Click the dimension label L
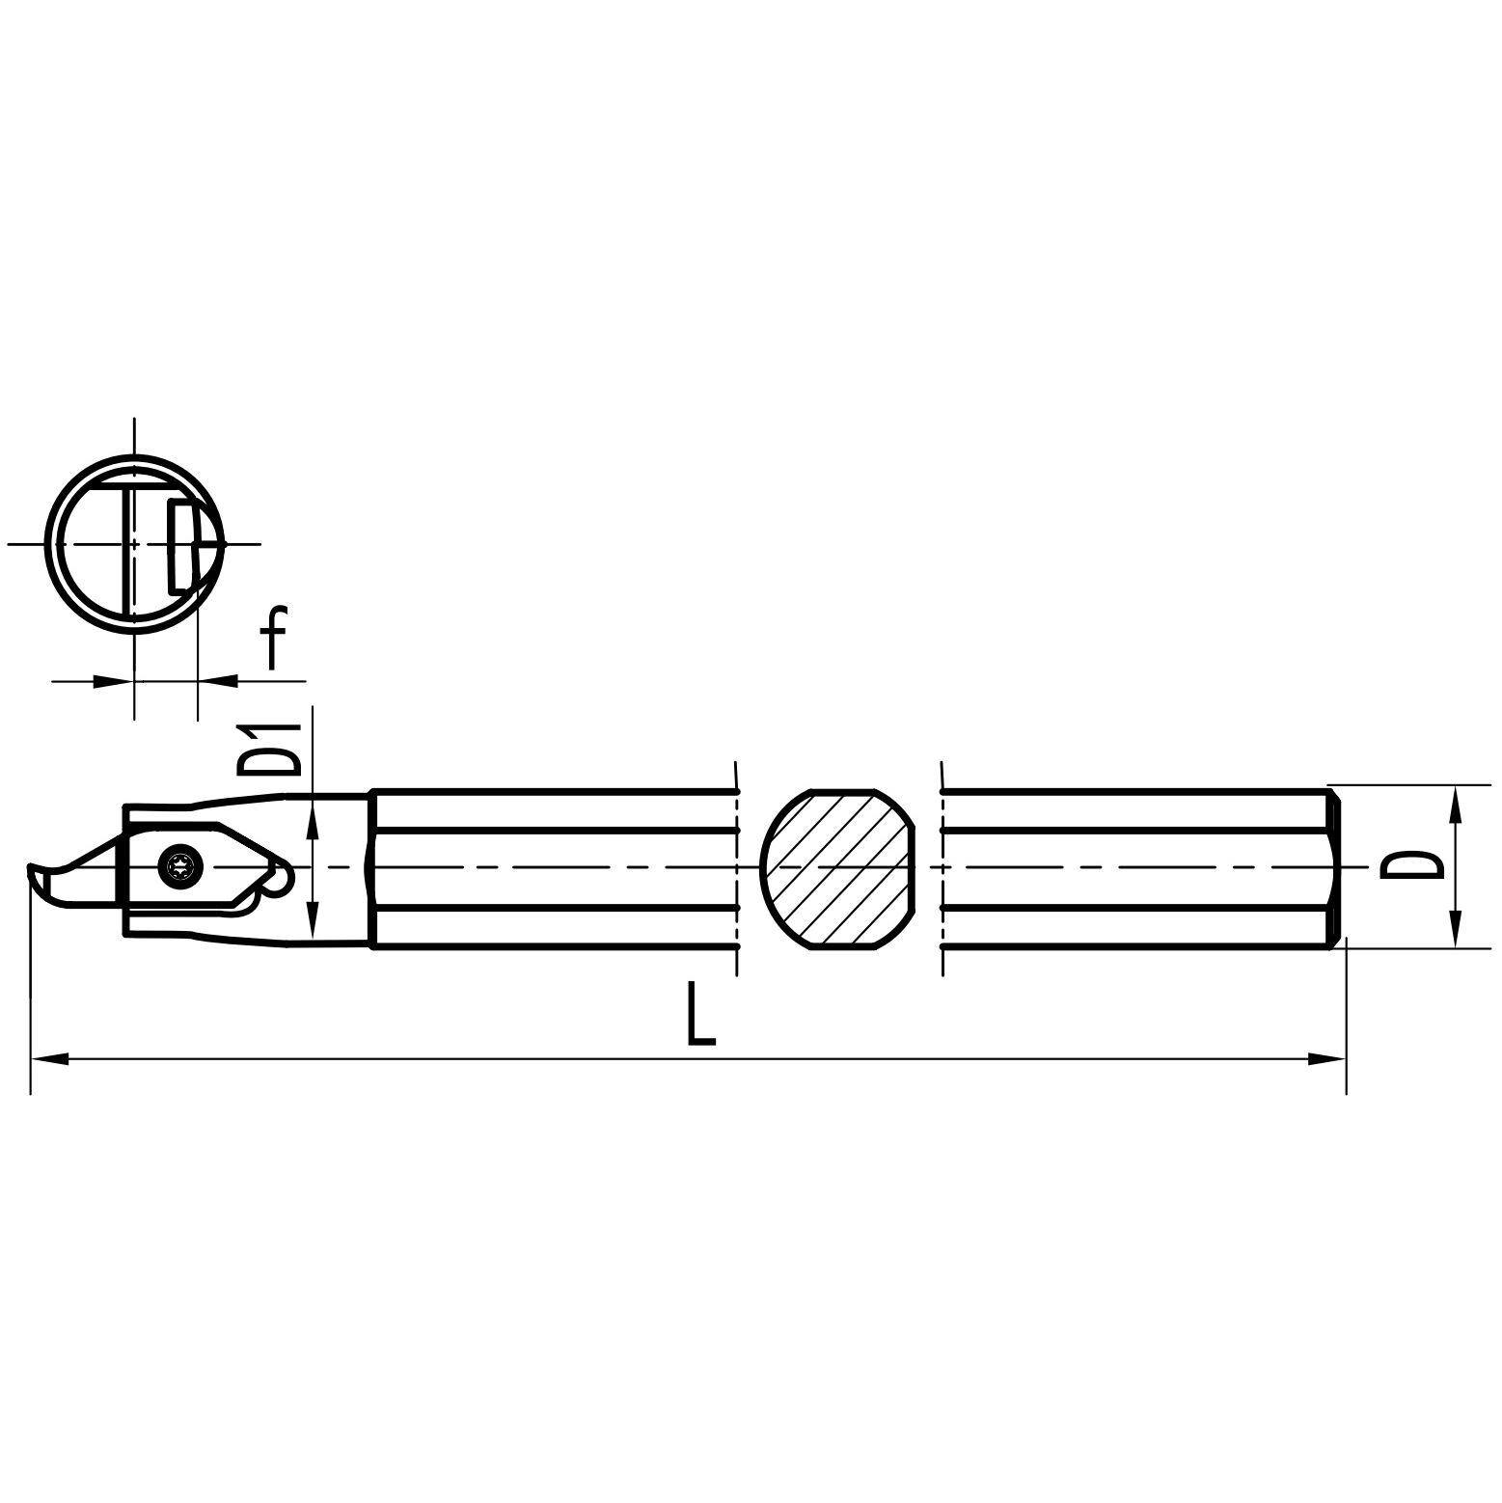point(701,1014)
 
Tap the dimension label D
point(1411,865)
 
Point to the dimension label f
point(275,637)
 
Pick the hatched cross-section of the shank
point(837,868)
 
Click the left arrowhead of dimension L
point(50,1059)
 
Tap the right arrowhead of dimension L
point(1326,1059)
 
